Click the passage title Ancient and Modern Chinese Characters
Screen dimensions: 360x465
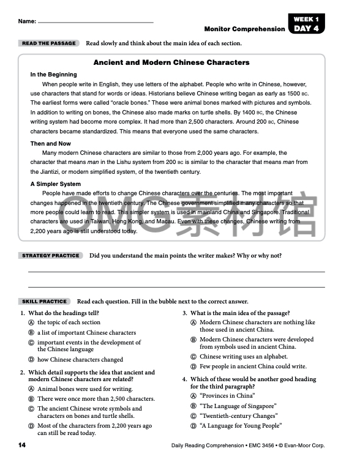pos(171,62)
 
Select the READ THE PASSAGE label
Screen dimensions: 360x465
pos(49,43)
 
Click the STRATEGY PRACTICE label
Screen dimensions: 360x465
pos(51,255)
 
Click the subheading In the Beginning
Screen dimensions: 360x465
pos(54,75)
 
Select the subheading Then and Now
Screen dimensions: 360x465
pos(51,144)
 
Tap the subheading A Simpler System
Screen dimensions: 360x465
pos(56,184)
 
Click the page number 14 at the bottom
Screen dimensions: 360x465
pos(23,444)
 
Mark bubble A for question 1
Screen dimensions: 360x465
pos(31,322)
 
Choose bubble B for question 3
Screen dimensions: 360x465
pos(193,340)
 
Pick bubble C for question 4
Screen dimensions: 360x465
pos(193,415)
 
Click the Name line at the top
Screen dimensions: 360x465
pos(95,23)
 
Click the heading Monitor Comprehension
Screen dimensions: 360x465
pos(244,29)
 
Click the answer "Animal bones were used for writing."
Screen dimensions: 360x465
pos(85,389)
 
